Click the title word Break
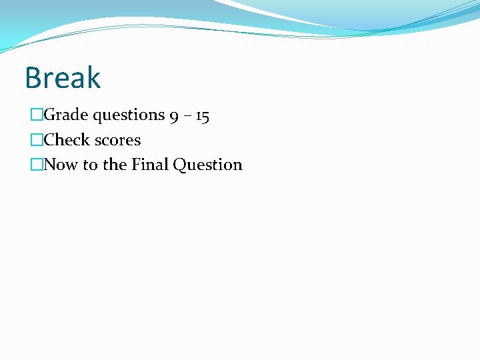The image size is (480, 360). (63, 77)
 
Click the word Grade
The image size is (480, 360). (66, 115)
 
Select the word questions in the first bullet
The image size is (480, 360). (129, 116)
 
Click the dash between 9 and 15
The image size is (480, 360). (188, 117)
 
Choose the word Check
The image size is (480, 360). (67, 140)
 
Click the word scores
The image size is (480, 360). (118, 140)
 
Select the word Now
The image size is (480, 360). (61, 165)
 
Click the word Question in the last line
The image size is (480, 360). (207, 165)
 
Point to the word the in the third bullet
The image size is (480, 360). (113, 165)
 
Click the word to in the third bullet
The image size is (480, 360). (90, 165)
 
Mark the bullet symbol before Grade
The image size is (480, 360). (37, 115)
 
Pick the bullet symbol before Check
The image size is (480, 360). (37, 140)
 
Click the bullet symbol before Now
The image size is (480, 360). (37, 165)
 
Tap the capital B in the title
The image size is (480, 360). (33, 77)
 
